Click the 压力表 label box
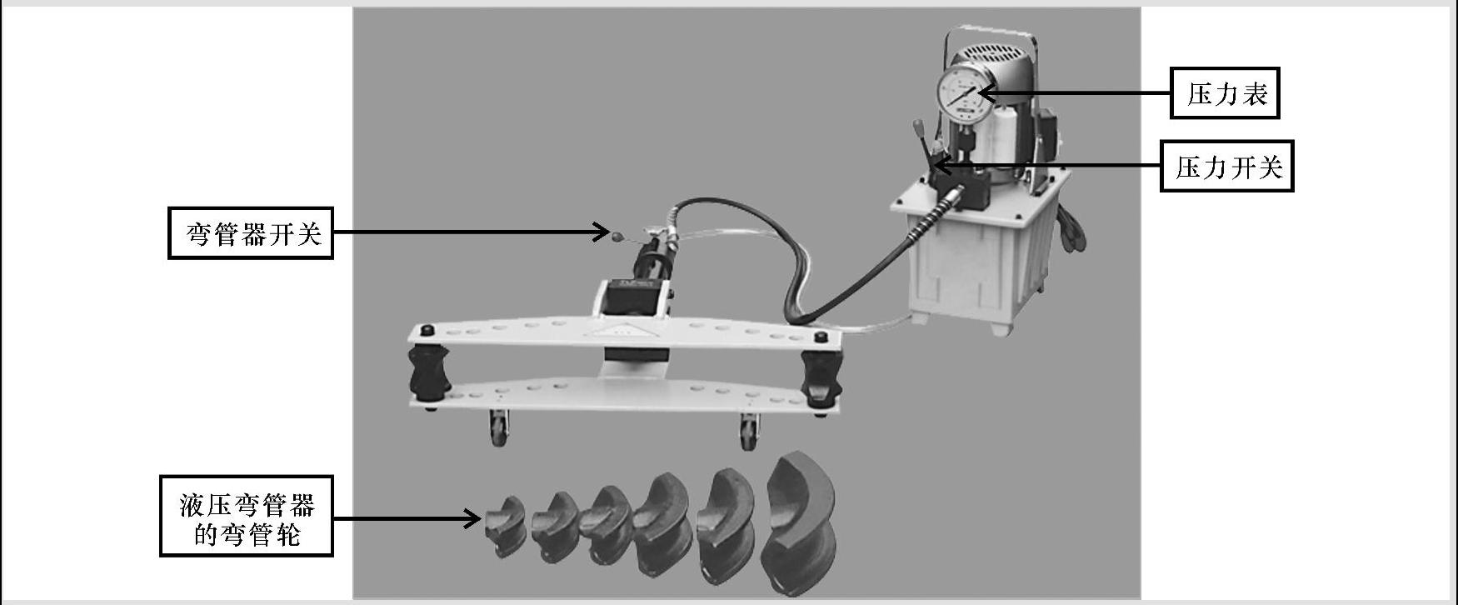(x=1225, y=93)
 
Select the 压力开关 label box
(x=1227, y=167)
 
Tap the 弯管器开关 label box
(x=251, y=233)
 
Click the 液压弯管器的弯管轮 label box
(x=247, y=516)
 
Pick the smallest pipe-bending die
(x=505, y=527)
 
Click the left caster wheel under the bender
(x=498, y=428)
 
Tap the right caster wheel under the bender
(x=747, y=432)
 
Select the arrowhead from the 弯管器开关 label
(x=601, y=232)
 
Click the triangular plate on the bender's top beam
(x=617, y=330)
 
